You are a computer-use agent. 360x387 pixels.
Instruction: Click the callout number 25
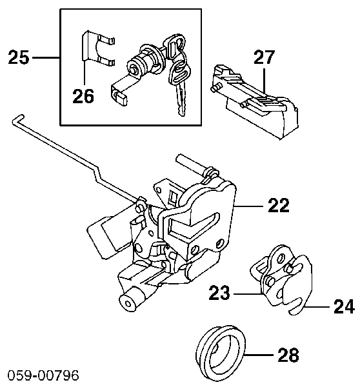point(19,57)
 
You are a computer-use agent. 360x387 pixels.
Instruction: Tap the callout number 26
point(83,95)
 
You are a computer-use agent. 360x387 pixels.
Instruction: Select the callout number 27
point(264,57)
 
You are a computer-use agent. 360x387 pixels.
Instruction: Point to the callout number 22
point(279,205)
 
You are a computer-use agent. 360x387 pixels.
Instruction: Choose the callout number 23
point(219,293)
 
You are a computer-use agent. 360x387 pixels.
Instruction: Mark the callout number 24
point(345,306)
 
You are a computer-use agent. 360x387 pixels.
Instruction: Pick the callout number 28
point(288,355)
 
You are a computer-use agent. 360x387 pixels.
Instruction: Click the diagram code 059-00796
point(43,375)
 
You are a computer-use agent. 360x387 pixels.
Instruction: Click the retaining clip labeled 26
point(86,47)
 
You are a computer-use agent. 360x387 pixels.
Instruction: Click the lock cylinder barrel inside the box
point(143,62)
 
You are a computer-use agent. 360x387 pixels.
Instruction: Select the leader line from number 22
point(248,205)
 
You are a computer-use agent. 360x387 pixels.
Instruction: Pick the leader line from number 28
point(259,355)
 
